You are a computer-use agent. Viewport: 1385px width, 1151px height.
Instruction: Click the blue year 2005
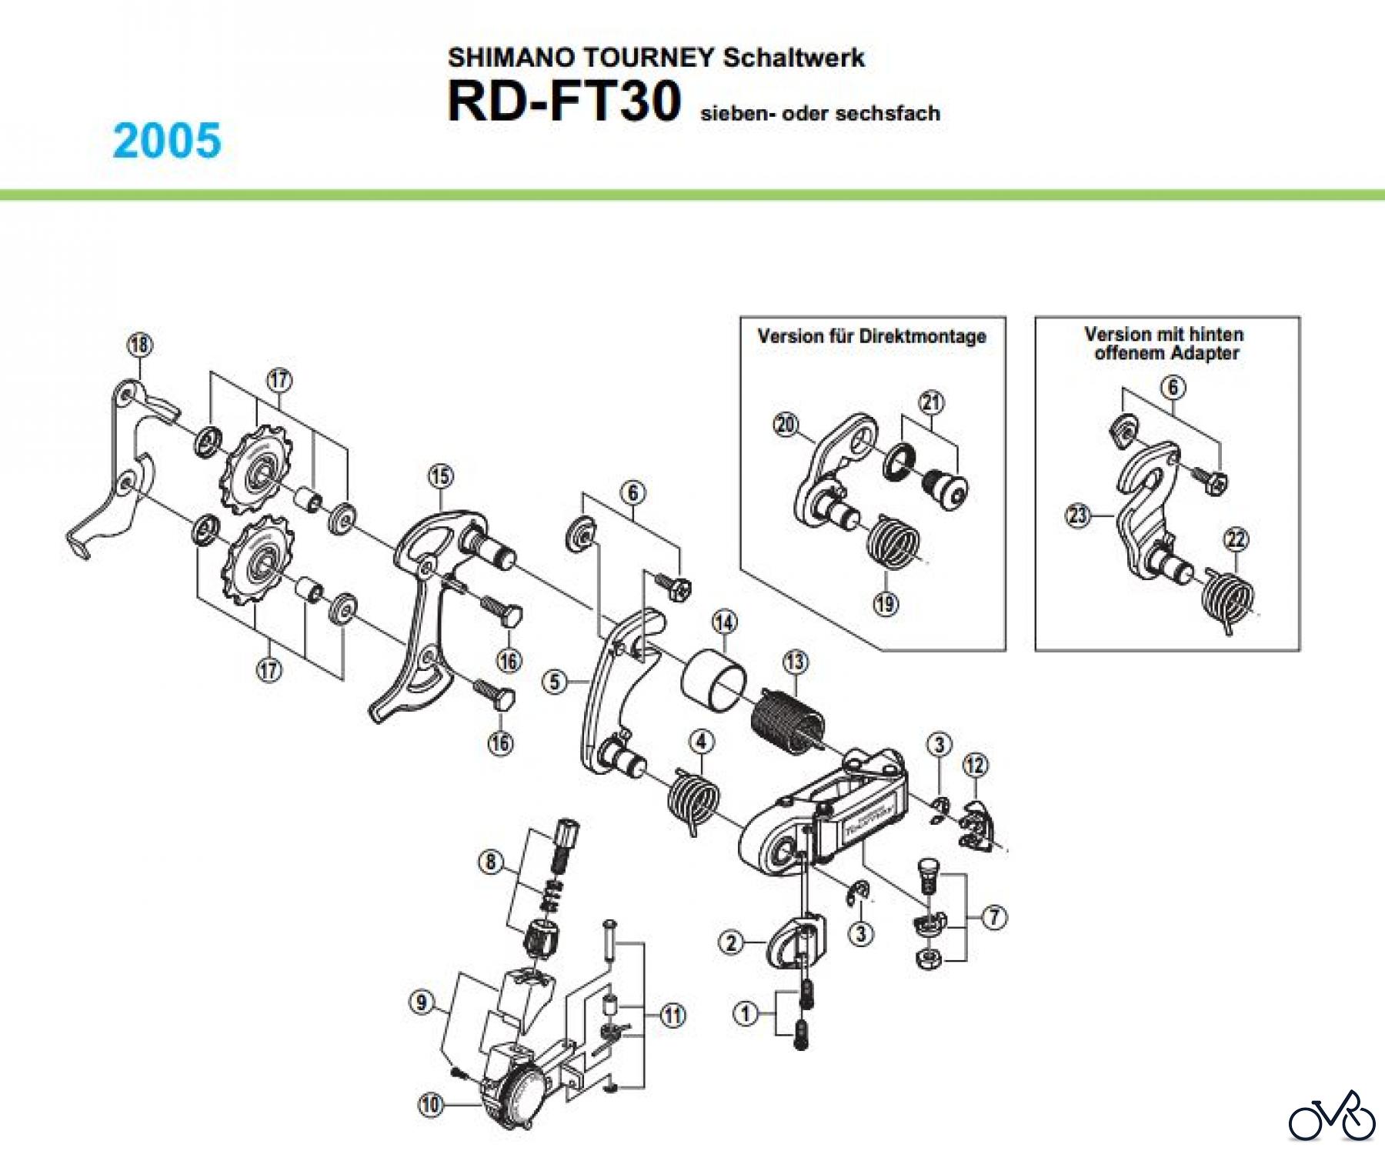(167, 141)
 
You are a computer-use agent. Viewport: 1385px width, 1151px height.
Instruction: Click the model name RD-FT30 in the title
(564, 102)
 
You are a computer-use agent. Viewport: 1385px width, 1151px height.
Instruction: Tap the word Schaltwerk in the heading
(793, 58)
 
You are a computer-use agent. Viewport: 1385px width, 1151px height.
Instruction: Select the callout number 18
(139, 344)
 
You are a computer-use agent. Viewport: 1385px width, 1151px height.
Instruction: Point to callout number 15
(441, 477)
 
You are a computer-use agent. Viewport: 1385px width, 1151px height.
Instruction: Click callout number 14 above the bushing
(724, 622)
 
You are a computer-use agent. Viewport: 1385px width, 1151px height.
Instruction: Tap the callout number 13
(795, 662)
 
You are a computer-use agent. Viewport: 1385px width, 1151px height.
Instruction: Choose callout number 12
(975, 765)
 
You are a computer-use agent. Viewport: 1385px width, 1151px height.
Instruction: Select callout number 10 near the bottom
(431, 1105)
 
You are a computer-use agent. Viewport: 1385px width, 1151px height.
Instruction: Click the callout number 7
(995, 917)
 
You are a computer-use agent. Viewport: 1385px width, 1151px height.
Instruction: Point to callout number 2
(731, 942)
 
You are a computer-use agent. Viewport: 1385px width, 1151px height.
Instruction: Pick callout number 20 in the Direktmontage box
(786, 424)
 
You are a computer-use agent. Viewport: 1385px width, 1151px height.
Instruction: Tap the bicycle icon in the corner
(1332, 1116)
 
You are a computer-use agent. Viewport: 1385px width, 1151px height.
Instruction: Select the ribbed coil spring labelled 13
(787, 720)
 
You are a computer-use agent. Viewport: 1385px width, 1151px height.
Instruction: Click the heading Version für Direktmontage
(872, 336)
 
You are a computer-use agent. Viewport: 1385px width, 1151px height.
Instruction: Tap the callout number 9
(421, 1003)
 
